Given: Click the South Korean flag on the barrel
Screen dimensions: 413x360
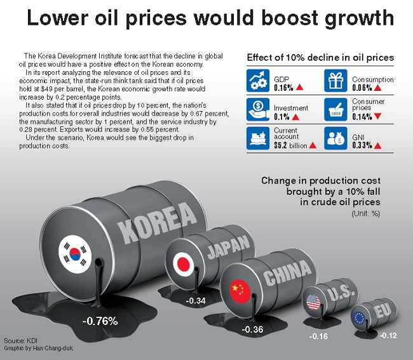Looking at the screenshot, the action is click(x=75, y=254).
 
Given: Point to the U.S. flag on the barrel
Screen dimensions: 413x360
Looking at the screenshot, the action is click(x=313, y=302).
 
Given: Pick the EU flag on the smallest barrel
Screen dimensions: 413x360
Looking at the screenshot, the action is click(x=359, y=317).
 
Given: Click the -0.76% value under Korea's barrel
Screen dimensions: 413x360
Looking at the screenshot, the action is click(x=100, y=321).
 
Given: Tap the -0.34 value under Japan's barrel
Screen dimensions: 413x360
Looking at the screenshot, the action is click(x=196, y=300).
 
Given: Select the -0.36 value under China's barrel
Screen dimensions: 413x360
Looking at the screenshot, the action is click(x=252, y=330).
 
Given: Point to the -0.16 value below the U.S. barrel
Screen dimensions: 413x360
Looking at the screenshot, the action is click(x=318, y=337).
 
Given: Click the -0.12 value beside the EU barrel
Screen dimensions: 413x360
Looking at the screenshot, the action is click(x=388, y=335).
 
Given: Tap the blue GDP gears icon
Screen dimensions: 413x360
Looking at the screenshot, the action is click(x=258, y=81).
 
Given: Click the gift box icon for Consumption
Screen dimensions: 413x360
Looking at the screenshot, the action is click(x=335, y=81).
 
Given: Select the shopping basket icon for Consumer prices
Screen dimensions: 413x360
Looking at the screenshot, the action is click(x=335, y=109).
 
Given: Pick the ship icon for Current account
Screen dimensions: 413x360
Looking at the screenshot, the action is click(x=258, y=138).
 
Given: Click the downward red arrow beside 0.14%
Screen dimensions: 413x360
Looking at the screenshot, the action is click(x=377, y=116).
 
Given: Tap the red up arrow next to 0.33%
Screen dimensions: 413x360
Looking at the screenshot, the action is click(x=377, y=145).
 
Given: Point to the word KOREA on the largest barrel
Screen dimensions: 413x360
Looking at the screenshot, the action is click(x=157, y=223).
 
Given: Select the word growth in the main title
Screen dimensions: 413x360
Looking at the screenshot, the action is click(x=359, y=18).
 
